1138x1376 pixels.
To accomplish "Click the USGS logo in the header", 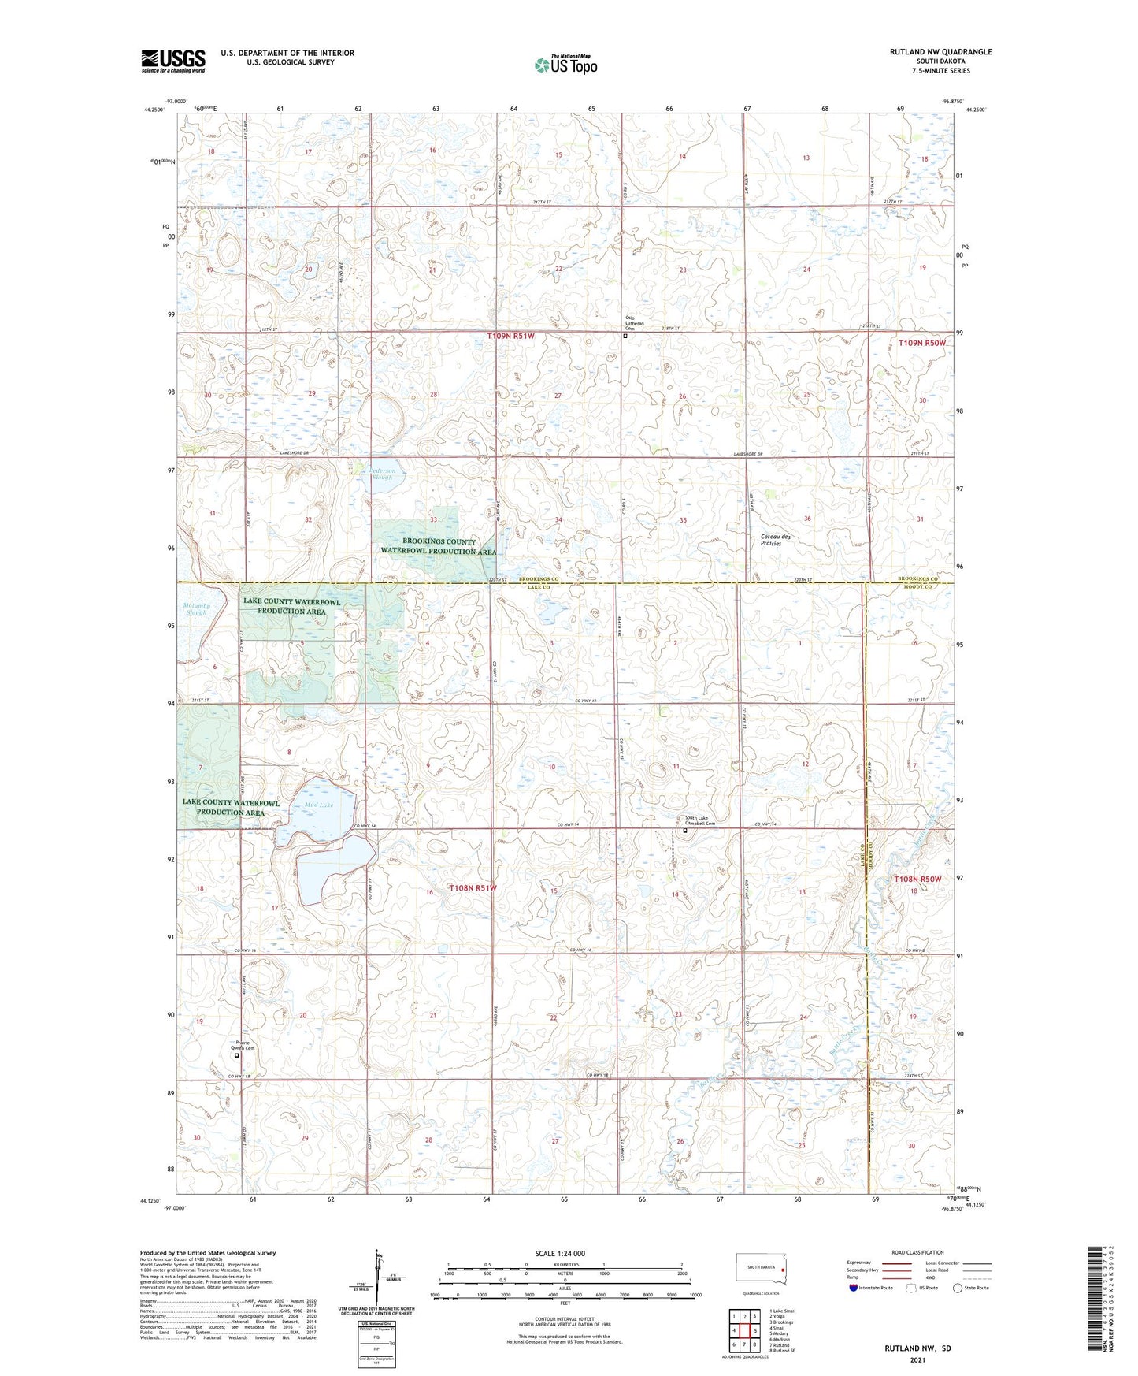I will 173,61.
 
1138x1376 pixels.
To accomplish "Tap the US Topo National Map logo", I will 565,65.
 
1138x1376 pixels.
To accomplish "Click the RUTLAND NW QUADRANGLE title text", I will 940,52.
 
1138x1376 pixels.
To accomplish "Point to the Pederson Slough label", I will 387,474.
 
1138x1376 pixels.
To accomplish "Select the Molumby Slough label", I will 197,608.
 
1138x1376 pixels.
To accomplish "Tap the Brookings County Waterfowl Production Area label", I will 439,546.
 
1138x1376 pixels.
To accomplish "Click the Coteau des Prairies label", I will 775,540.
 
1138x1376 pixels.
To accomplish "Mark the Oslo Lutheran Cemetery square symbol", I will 625,336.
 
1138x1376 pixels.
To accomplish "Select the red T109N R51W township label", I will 510,336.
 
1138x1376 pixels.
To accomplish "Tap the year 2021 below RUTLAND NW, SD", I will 917,1360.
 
